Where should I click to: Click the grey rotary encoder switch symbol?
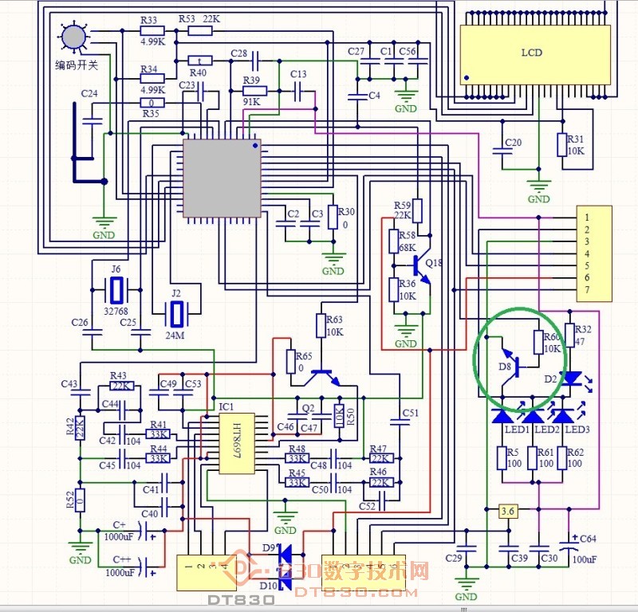pyautogui.click(x=73, y=35)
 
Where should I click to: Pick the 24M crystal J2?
pyautogui.click(x=175, y=313)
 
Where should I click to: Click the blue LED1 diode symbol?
pyautogui.click(x=502, y=415)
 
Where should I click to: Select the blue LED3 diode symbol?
pyautogui.click(x=563, y=415)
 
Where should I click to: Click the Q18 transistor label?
pyautogui.click(x=434, y=263)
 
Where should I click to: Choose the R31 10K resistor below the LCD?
pyautogui.click(x=563, y=144)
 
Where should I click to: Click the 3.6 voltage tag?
pyautogui.click(x=508, y=511)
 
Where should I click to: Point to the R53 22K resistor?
pyautogui.click(x=200, y=31)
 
